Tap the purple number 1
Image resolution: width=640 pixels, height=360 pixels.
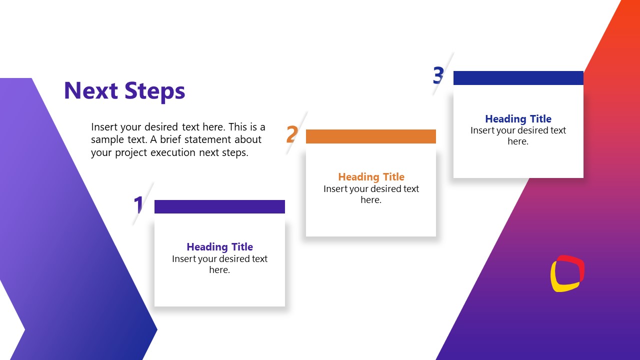[x=138, y=205]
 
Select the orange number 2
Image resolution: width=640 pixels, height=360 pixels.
[x=292, y=134]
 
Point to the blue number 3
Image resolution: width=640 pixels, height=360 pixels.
[x=438, y=75]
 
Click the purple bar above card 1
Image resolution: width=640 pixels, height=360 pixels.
[x=219, y=206]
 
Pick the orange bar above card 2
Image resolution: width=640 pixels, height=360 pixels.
[x=370, y=136]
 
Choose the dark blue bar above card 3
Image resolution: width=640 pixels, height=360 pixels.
[x=518, y=78]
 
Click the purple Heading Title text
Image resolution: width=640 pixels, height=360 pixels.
[x=219, y=247]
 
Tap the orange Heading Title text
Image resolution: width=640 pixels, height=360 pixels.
[x=371, y=177]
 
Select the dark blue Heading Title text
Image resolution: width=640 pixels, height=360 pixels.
[x=518, y=119]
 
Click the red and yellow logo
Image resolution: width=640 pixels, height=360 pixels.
[x=567, y=273]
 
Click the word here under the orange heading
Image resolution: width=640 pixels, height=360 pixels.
[x=371, y=200]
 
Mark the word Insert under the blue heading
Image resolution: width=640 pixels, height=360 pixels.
[x=482, y=130]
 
